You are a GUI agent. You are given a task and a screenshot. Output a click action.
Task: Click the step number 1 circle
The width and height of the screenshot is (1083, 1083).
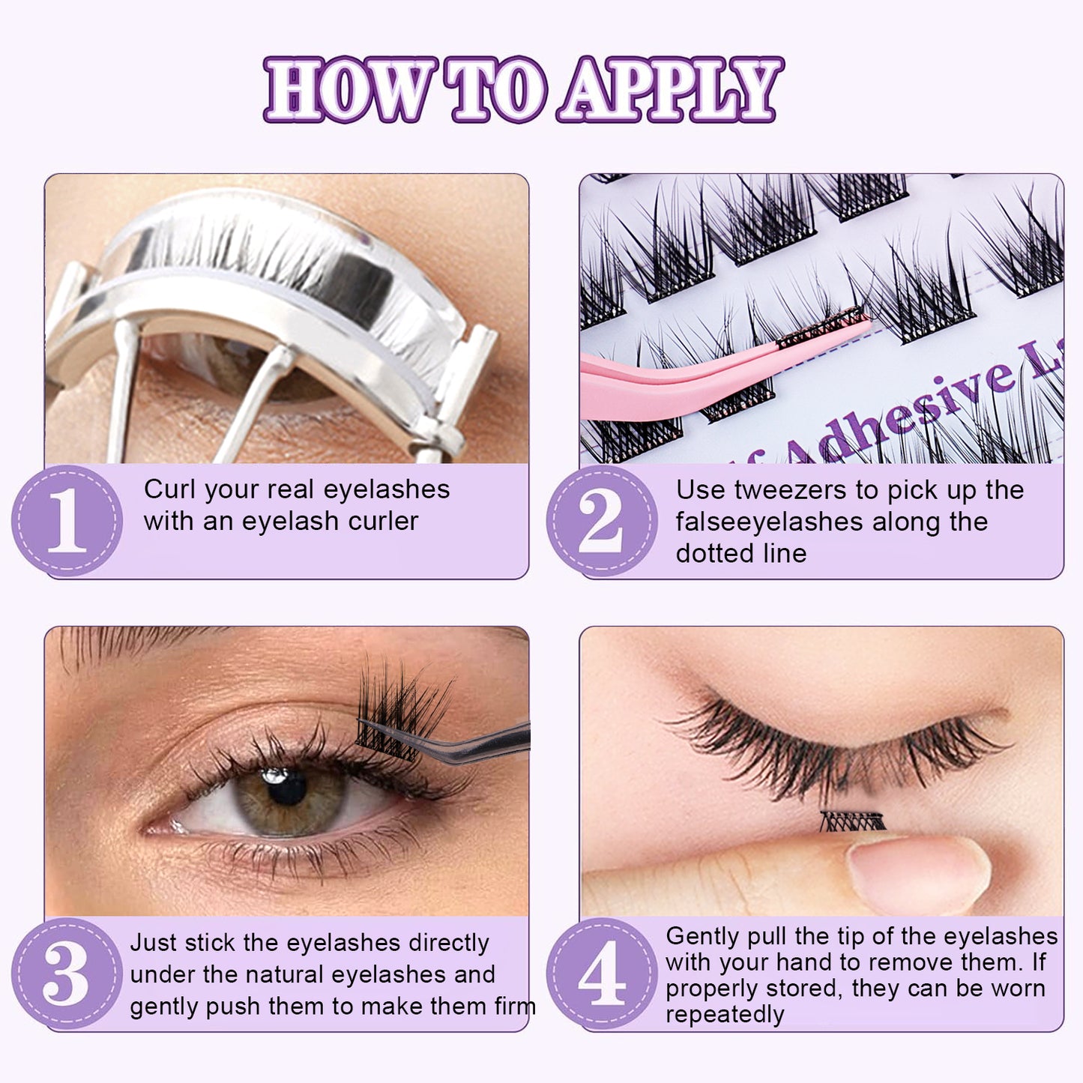pos(67,520)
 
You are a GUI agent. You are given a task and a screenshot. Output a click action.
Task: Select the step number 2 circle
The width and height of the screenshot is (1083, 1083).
pos(602,520)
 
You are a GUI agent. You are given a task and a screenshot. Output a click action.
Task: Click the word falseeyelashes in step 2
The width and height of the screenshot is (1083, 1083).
pos(769,522)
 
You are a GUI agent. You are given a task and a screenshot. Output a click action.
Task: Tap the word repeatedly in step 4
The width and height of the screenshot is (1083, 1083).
pos(725,1015)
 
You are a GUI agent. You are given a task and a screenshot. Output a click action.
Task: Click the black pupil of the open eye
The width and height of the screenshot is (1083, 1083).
pos(287,788)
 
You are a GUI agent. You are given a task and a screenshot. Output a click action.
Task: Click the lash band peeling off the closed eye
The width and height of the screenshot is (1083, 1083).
pos(853,821)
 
